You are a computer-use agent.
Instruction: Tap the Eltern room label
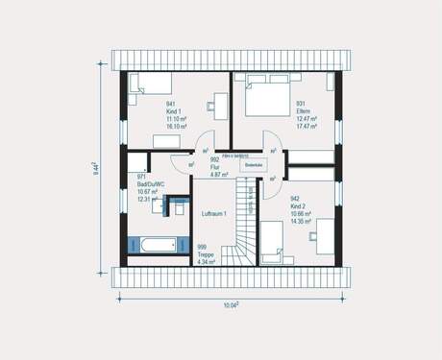tap(302, 110)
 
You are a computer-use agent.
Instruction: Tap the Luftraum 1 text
tap(213, 212)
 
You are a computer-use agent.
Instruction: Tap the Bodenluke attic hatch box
tap(255, 164)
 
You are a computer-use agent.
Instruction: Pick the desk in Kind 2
tap(326, 235)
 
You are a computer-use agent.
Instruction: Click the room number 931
tap(301, 103)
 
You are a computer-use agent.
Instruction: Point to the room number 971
tap(141, 178)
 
